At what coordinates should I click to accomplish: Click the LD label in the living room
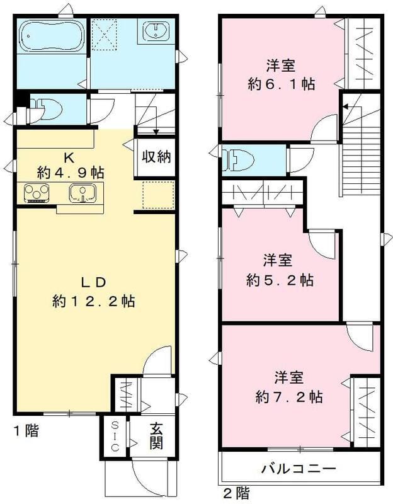91,282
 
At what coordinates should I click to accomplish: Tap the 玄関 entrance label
156,435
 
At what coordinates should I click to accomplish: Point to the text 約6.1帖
281,84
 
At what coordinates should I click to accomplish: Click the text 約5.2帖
280,279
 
